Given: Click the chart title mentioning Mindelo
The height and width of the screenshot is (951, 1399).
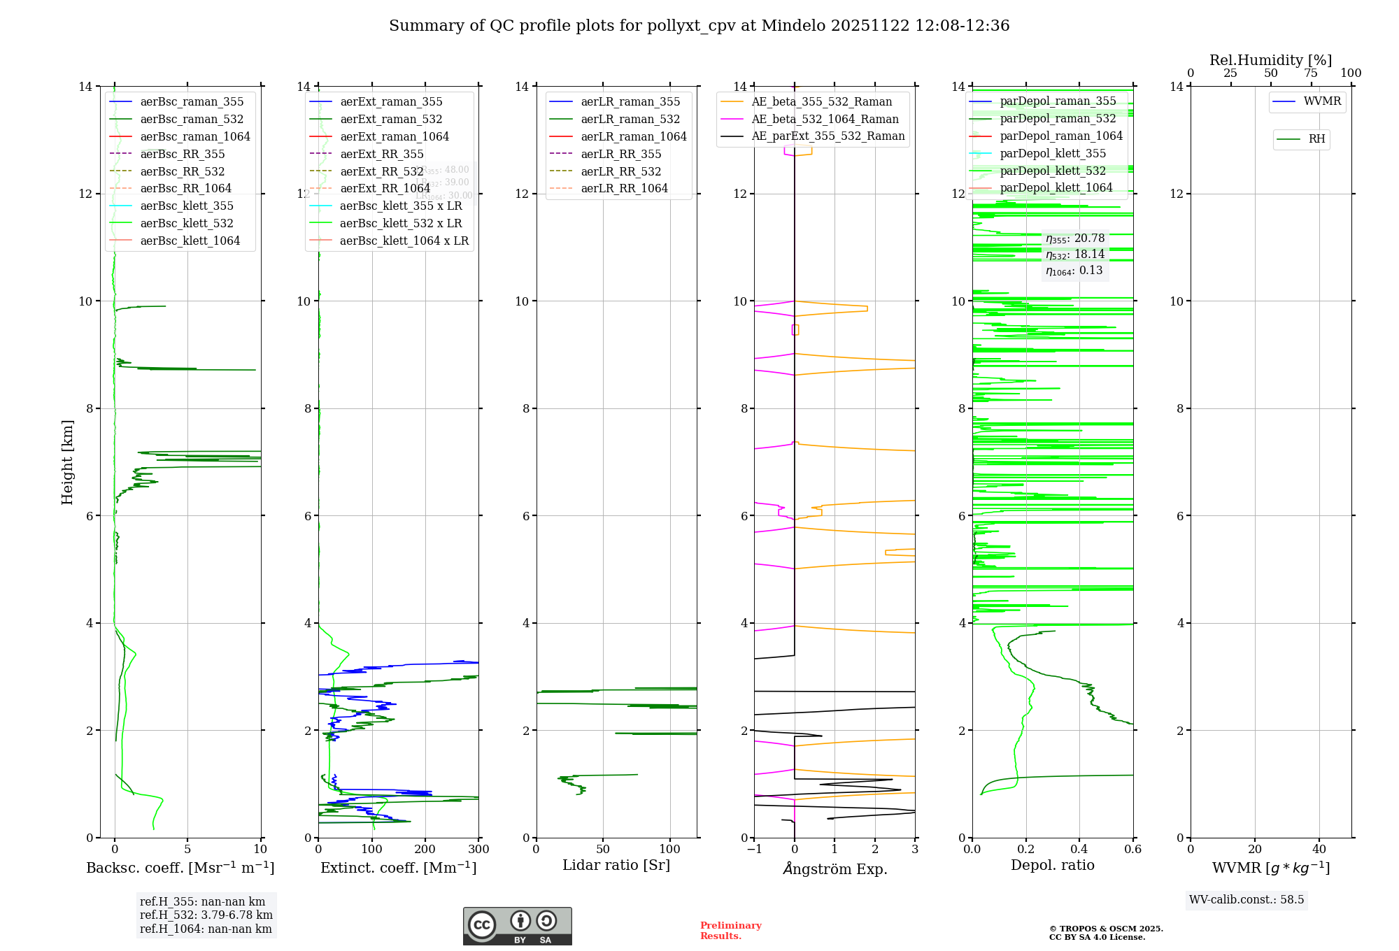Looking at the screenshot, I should (699, 26).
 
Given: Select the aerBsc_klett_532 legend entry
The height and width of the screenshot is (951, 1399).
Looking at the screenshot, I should (186, 224).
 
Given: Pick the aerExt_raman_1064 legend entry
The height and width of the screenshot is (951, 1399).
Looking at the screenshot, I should (395, 137).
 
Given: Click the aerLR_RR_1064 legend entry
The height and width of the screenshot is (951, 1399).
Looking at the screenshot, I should (624, 189).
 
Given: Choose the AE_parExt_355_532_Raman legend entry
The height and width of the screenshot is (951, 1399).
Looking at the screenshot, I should (828, 136).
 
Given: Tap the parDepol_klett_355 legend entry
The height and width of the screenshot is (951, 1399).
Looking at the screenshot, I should (1053, 154).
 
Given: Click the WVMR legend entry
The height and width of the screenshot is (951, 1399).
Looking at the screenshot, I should (1322, 102).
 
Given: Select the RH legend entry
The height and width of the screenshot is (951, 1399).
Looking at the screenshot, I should (1316, 139).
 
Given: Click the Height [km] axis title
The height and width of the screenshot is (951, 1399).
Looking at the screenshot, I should (67, 462).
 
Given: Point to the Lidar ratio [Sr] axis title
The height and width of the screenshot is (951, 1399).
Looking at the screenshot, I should (616, 866).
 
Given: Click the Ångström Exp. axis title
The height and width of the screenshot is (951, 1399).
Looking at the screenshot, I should (835, 869).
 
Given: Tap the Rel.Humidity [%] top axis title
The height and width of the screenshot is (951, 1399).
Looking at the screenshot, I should (1270, 61).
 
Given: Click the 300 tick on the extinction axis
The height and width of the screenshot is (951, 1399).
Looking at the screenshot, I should (479, 850).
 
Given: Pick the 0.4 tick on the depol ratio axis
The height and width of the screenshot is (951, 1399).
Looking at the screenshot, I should (1079, 850).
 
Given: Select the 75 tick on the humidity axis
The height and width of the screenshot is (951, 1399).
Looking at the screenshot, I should (1311, 73).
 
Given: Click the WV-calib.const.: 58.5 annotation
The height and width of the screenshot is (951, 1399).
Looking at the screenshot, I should (1247, 900).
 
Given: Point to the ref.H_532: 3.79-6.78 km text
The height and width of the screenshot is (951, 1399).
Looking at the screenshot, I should (206, 915).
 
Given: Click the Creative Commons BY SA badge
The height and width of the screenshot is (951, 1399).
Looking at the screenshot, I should (517, 927).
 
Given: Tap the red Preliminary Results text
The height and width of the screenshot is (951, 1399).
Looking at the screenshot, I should (730, 931).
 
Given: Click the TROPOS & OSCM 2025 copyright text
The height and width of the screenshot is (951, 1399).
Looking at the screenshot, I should (1106, 933).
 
